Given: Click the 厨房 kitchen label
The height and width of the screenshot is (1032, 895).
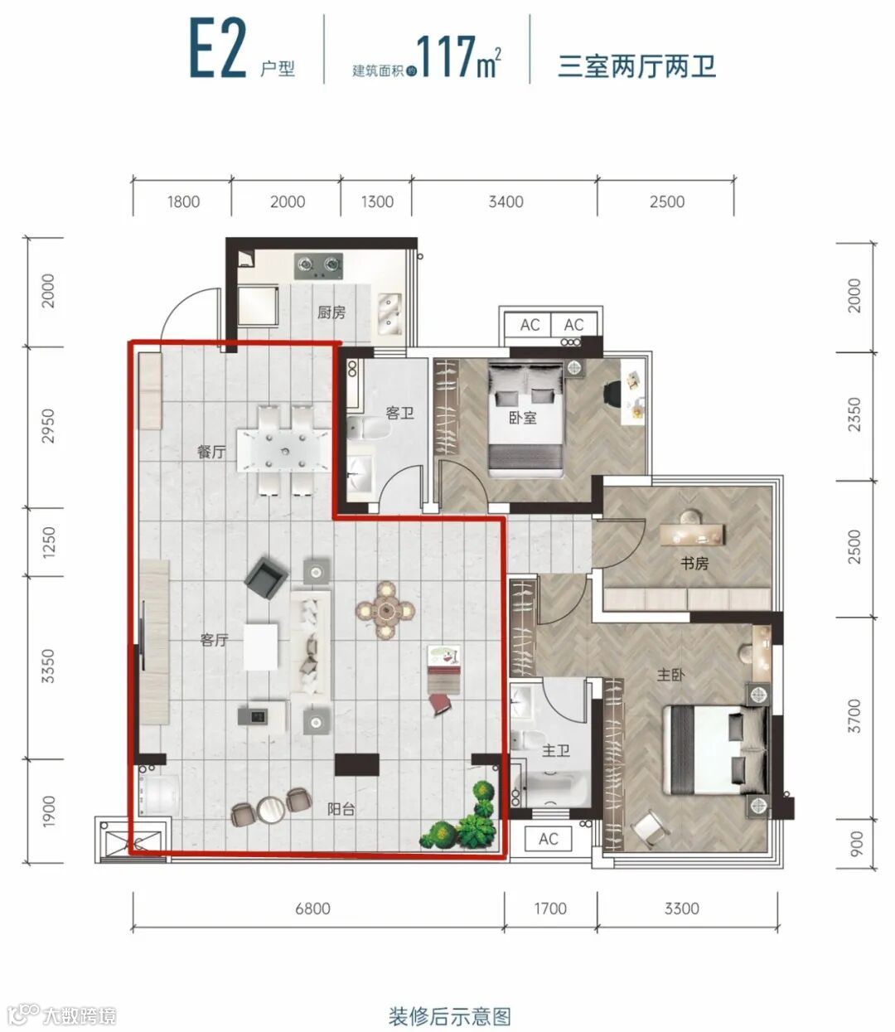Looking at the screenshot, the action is coord(331,313).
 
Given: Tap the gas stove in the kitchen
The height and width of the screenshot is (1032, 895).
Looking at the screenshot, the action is coord(318,266).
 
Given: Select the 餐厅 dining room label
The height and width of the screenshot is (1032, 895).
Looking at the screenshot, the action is coord(211,452).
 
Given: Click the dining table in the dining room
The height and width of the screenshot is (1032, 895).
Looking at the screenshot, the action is coord(284,450).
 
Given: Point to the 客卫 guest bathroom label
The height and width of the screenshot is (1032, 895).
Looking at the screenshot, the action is coord(400,413).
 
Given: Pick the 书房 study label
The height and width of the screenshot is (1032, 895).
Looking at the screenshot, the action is coord(694,564).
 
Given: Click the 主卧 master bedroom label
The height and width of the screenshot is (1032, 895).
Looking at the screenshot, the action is coord(670,675).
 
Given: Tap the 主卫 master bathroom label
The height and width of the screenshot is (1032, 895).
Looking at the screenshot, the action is coord(556,751).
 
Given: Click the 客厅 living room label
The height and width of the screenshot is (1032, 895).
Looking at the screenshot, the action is coord(215,640).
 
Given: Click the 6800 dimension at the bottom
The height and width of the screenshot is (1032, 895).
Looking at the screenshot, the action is coord(312,908).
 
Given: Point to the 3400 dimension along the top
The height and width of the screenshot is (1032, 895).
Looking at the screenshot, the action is coord(506,201).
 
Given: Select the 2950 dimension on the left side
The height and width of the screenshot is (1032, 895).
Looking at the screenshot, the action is coord(48,426).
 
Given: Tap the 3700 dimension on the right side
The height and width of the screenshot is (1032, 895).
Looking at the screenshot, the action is coord(854,716).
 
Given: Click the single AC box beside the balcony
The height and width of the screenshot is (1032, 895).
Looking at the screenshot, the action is coord(548,838).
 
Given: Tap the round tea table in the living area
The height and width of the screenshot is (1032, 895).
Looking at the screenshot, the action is coord(385,610).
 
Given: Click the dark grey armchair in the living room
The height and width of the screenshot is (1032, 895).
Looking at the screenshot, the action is coord(266,578).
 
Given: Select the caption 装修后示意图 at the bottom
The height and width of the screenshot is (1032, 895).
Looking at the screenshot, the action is coord(449,1016).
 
